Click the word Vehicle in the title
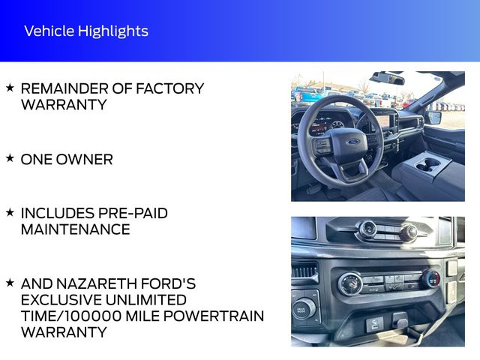coord(49,31)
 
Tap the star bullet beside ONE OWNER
coord(10,158)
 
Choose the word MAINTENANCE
coord(75,229)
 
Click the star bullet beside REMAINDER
coord(10,88)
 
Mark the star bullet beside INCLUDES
coord(10,212)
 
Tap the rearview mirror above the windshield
coord(387,78)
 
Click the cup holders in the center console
coord(428,164)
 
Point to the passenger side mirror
coord(433,118)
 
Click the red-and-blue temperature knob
coord(432,279)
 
